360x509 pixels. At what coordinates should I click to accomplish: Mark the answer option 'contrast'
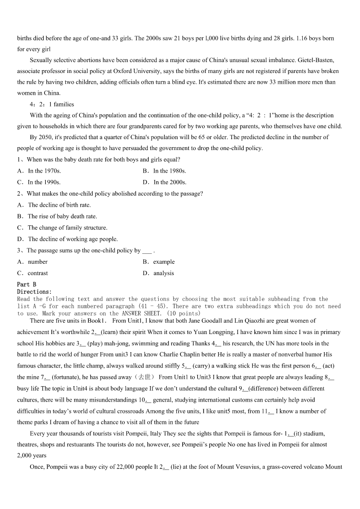(x=38, y=273)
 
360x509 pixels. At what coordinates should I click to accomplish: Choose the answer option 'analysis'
(x=163, y=273)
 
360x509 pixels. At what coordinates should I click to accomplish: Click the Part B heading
(x=26, y=285)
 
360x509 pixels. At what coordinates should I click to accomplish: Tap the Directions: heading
(x=34, y=292)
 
